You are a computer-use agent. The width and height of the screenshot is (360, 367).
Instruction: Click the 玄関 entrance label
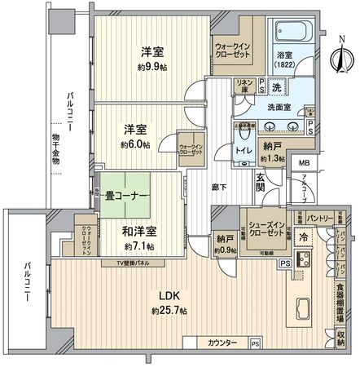[261, 187]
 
